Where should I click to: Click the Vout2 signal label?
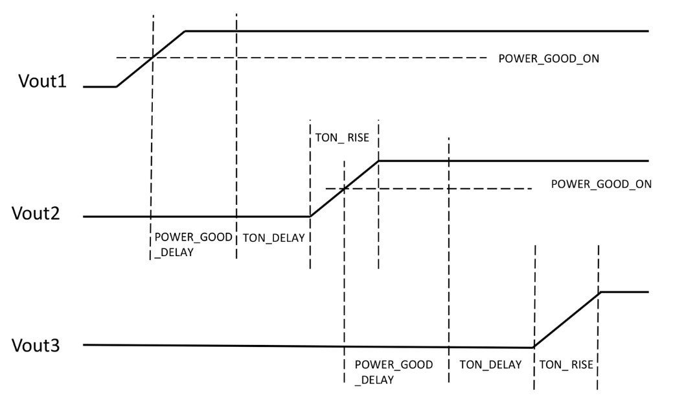36,213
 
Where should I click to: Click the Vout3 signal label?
36,345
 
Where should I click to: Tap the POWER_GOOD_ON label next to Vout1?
548,58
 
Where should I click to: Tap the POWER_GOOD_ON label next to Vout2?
600,184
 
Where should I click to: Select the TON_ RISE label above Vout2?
341,137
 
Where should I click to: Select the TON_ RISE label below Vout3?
565,364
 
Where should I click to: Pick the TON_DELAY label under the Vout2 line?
273,238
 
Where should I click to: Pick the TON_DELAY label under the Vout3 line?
490,364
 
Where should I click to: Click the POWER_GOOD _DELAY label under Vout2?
192,244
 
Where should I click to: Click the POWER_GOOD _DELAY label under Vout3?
393,372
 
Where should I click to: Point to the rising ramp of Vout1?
151,58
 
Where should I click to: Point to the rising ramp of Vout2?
345,188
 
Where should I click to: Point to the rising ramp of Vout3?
567,320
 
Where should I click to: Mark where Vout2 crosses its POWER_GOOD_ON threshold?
345,189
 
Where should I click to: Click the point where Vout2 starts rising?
310,216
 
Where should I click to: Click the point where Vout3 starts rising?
534,348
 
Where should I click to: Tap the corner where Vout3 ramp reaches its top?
600,292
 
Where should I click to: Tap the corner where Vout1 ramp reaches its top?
186,30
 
